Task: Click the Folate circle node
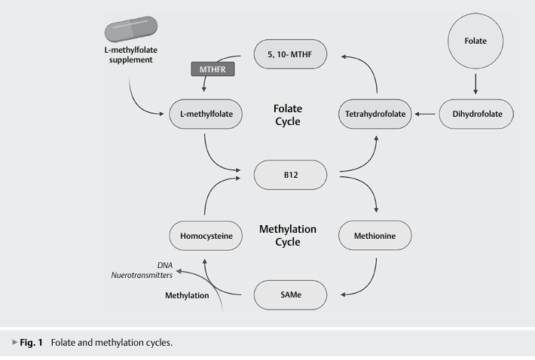click(475, 41)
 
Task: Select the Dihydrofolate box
click(476, 114)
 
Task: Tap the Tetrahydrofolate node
click(375, 114)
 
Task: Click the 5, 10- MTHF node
click(290, 54)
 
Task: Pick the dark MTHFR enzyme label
click(212, 69)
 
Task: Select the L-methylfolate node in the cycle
click(206, 114)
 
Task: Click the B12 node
click(290, 175)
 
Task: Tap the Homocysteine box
click(206, 236)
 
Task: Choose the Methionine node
click(375, 236)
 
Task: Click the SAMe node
click(290, 295)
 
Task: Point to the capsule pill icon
click(131, 29)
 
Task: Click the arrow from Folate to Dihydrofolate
click(475, 84)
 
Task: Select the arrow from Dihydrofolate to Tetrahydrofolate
click(425, 114)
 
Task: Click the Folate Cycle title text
click(288, 115)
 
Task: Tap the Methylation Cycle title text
click(288, 235)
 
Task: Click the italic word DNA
click(165, 265)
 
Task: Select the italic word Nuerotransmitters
click(142, 275)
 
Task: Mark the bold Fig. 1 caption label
click(31, 342)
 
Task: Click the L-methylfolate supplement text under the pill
click(130, 54)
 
